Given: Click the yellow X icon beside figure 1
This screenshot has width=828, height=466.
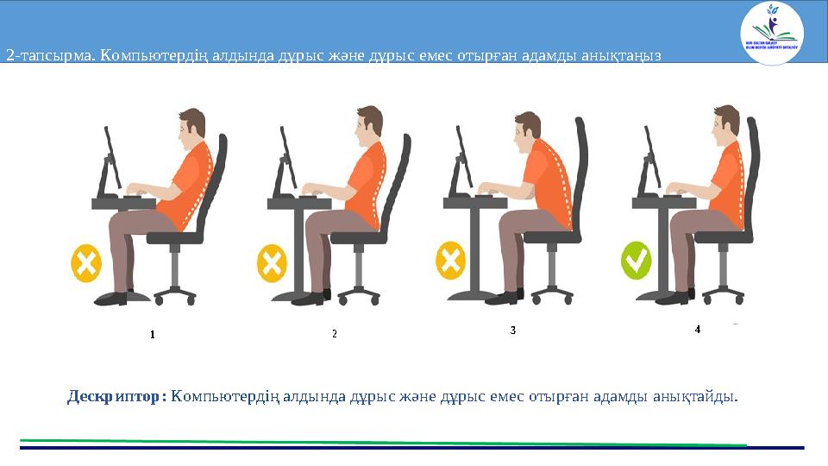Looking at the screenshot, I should [x=86, y=263].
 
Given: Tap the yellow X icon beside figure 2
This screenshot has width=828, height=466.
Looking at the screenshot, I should [x=271, y=263].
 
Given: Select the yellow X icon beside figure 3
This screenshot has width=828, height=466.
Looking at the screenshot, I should [x=450, y=261].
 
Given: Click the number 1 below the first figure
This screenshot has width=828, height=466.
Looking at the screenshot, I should [x=152, y=333].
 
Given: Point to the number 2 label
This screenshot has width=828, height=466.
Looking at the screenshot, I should [x=334, y=333].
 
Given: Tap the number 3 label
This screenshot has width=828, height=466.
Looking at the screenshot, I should [x=513, y=331].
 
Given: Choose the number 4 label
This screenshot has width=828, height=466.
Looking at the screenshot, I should [x=698, y=330].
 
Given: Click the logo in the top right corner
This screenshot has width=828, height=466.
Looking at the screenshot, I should [x=771, y=33].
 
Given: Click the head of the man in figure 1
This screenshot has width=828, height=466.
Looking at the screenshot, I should [x=191, y=129].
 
